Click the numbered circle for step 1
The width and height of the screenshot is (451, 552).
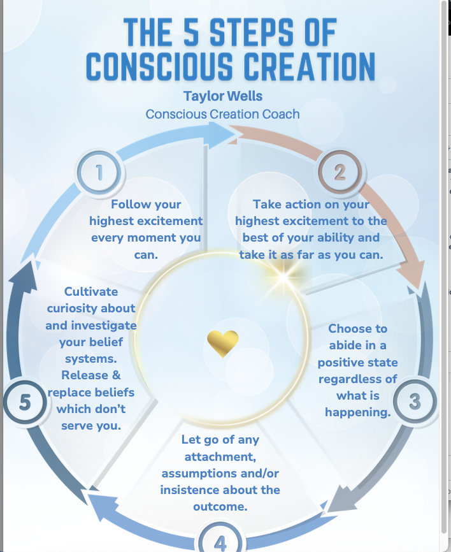[99, 172]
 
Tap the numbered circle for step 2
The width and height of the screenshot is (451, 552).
[340, 172]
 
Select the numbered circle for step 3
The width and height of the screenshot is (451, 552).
[415, 402]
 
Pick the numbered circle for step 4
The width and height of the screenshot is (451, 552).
[220, 542]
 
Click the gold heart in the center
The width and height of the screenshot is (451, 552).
[222, 343]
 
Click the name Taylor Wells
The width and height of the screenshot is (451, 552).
[222, 96]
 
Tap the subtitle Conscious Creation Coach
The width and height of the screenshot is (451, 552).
[222, 115]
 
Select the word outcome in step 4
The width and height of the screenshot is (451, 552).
[220, 507]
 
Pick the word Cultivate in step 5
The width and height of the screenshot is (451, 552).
[91, 291]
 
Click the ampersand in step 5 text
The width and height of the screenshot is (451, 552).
[115, 375]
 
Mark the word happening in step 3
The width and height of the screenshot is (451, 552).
[357, 412]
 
